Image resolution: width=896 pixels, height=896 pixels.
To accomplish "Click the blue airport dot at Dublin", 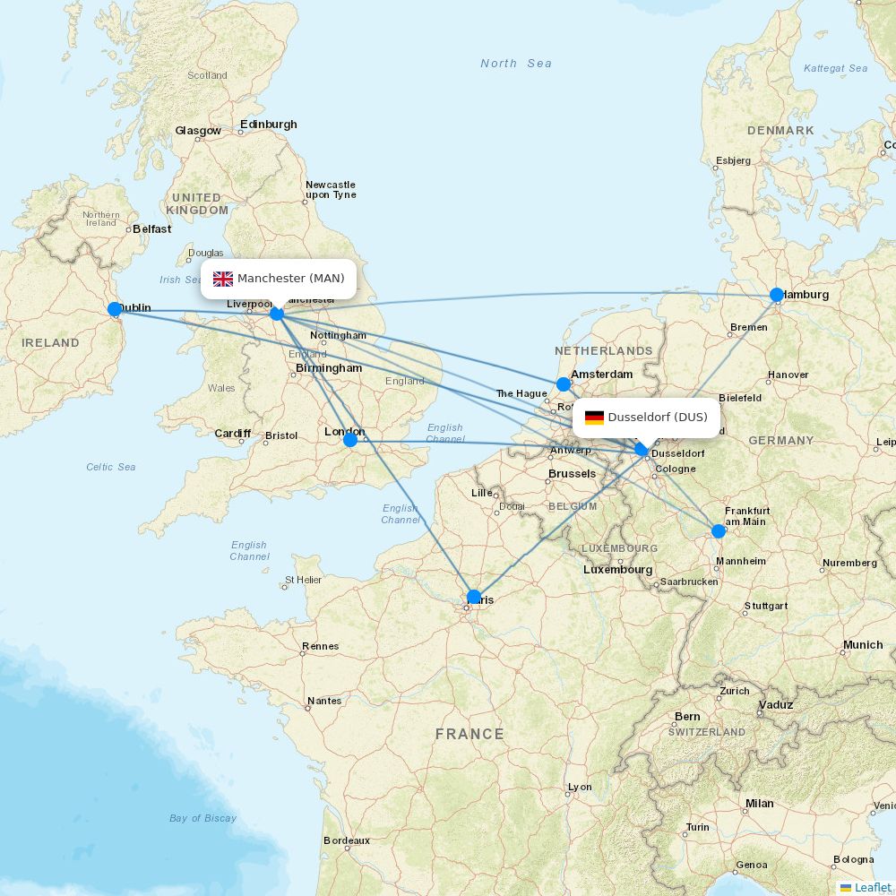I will [x=115, y=309].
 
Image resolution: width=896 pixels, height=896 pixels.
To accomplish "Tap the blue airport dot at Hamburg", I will [x=777, y=295].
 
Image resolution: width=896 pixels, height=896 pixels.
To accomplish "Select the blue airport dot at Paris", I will [x=474, y=597].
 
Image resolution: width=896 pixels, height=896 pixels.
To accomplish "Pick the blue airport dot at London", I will [x=350, y=440].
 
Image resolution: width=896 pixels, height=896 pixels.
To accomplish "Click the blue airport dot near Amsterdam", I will [x=564, y=384].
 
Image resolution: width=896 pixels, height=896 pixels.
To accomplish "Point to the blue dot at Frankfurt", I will [x=719, y=531].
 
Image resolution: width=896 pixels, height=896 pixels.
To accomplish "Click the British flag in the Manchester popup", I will [x=223, y=279].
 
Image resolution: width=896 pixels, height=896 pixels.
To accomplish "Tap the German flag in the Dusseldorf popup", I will [x=594, y=418].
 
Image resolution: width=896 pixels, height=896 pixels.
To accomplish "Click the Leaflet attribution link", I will [x=872, y=887].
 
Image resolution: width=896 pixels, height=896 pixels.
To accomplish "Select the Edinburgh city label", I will [x=269, y=125].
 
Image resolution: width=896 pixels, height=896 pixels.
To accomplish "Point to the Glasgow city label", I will [x=198, y=131].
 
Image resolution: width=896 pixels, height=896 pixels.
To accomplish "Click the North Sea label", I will [x=516, y=64].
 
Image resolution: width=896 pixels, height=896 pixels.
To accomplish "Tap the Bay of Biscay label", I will [x=202, y=818].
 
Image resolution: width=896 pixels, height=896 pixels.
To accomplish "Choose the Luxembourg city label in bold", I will [x=617, y=570].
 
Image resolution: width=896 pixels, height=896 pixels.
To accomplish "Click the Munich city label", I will [x=863, y=645].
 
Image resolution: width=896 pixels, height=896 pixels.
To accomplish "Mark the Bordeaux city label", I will [x=347, y=840].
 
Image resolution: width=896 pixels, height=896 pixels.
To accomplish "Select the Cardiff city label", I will [x=232, y=434].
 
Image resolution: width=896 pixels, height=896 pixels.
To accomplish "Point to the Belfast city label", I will [x=152, y=229].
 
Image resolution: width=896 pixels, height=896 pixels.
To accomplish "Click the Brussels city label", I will [x=572, y=474].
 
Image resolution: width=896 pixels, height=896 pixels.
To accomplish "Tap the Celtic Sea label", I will [x=111, y=467].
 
